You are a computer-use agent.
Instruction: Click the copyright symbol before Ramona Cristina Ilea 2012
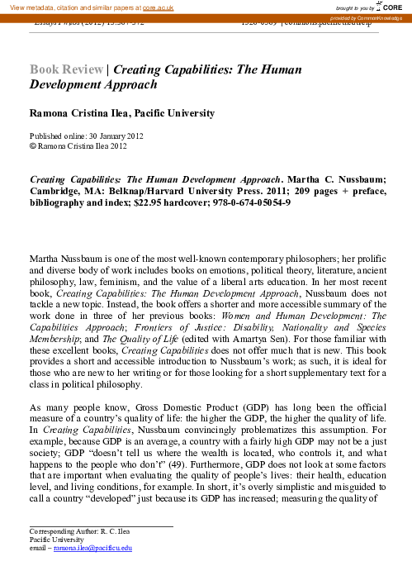pyautogui.click(x=32, y=144)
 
